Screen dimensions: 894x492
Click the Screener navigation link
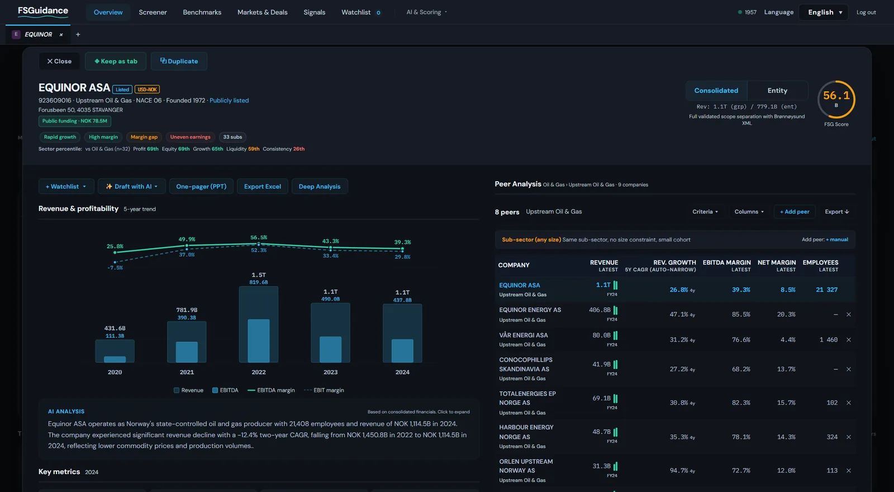pos(153,12)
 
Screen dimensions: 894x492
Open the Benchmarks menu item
pos(202,12)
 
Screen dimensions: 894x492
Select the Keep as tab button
pos(116,61)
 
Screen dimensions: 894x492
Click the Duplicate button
pos(179,61)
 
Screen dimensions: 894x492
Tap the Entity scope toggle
pos(777,91)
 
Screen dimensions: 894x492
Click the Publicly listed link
pos(229,101)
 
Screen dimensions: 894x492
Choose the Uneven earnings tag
pos(190,137)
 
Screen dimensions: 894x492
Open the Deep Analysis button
pos(319,187)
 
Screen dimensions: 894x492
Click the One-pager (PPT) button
pos(201,187)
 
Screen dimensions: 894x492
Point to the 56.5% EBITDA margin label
pos(259,238)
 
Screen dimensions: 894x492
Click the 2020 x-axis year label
pos(115,372)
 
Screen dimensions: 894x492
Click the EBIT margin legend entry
pos(324,390)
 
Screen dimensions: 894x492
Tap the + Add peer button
pos(795,212)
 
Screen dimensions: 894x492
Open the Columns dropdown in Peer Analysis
pos(749,212)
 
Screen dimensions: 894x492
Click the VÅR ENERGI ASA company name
pos(523,335)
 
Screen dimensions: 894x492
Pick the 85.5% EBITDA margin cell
pos(741,315)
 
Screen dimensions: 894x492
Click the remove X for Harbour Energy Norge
pos(849,437)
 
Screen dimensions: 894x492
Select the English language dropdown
pos(824,12)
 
